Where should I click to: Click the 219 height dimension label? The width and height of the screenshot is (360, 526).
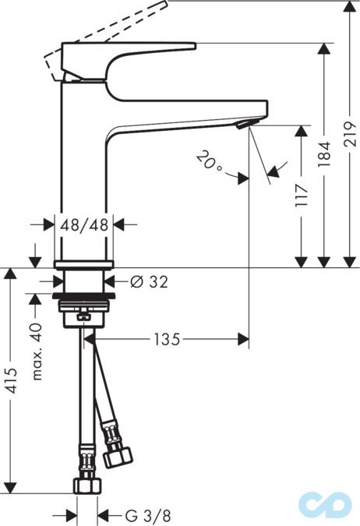coord(350,134)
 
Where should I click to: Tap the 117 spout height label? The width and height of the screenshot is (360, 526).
coord(302,196)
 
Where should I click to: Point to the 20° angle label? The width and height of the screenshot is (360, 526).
coord(209,161)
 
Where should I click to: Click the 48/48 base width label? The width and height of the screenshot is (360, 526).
coord(84,224)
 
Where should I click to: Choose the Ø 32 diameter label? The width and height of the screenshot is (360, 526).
coord(149,282)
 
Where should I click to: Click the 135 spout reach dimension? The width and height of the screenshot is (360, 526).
coord(167,339)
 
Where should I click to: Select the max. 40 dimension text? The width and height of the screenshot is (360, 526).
coord(37,351)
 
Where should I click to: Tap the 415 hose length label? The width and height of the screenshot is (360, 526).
coord(12,380)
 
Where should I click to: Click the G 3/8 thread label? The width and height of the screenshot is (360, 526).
coord(148,515)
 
